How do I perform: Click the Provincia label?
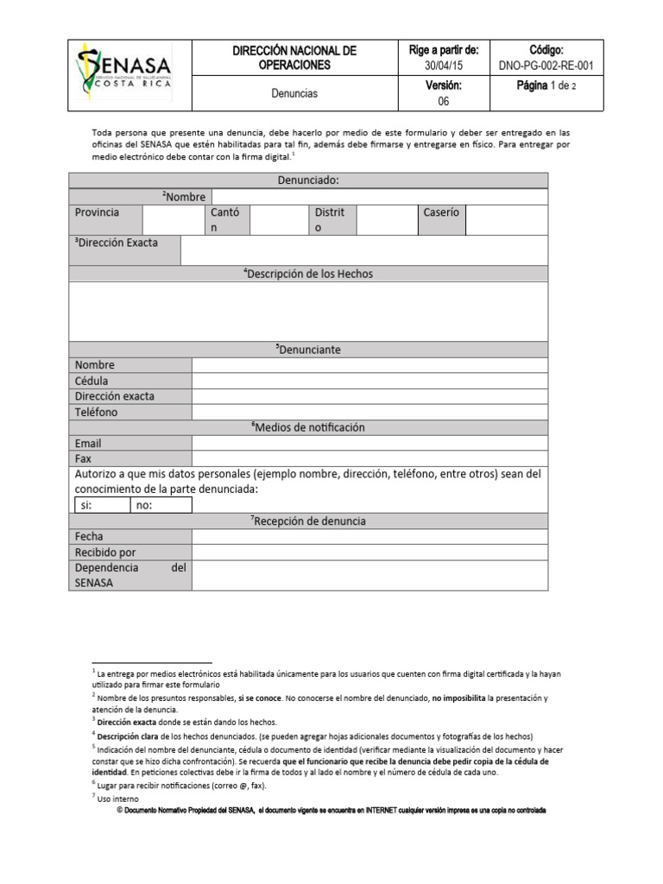coord(98,212)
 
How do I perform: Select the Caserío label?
coord(441,212)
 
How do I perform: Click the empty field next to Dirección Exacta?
coord(363,250)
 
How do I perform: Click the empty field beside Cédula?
coord(369,381)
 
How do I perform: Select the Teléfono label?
coord(97,412)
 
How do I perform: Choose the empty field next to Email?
coord(369,443)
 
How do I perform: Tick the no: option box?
coord(161,505)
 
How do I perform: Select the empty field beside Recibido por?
coord(369,552)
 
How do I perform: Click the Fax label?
coord(84,458)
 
